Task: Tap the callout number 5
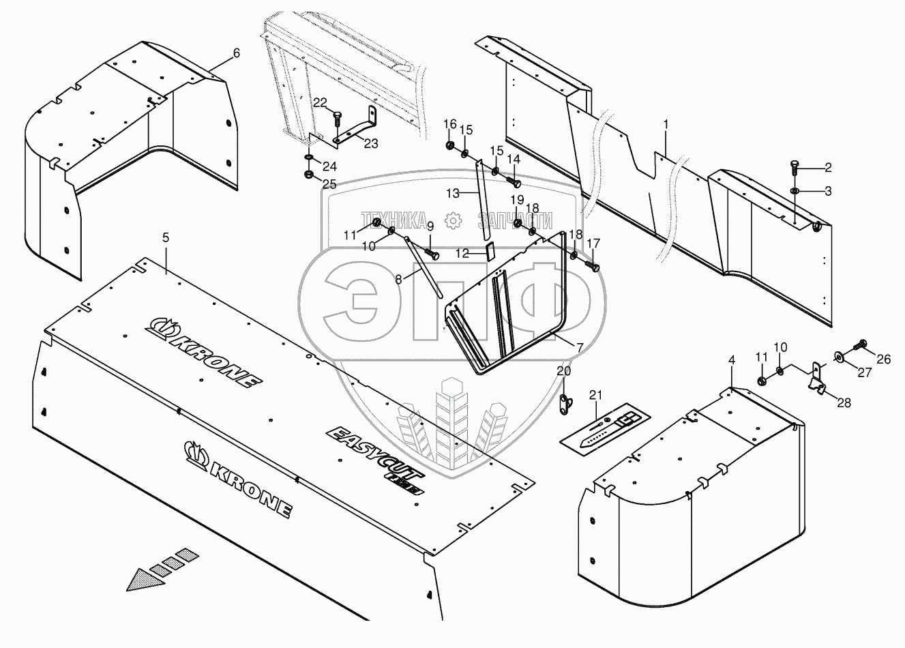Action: [166, 238]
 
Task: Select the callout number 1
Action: [666, 125]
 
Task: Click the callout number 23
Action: [370, 144]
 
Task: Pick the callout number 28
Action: [844, 403]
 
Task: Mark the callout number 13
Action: [454, 193]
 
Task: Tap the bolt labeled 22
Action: [338, 119]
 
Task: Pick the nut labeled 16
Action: [450, 146]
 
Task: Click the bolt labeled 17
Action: [595, 266]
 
